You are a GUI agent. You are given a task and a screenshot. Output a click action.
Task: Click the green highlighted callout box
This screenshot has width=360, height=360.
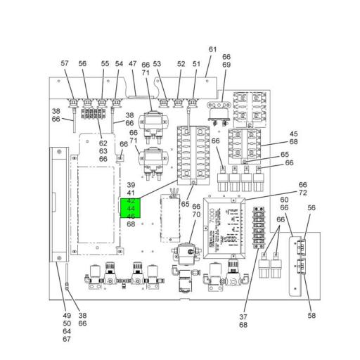tap(131, 208)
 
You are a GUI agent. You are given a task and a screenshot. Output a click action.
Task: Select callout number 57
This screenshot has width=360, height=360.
tap(65, 64)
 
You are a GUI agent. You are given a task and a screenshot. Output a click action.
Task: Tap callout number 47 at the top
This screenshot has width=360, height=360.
tap(132, 64)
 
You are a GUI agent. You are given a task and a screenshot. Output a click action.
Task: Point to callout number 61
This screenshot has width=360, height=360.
tap(213, 49)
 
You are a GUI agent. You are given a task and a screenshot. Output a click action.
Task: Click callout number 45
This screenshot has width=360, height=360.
tap(294, 134)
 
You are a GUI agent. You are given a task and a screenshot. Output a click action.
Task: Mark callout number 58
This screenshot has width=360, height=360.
tap(311, 316)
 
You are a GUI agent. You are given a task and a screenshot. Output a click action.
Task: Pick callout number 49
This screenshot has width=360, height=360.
tap(67, 316)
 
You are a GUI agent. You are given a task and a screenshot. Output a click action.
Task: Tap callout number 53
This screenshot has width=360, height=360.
tap(157, 64)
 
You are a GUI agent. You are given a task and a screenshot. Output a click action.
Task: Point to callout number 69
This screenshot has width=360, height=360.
tap(226, 65)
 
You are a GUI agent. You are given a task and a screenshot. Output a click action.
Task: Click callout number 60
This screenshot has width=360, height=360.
tap(285, 199)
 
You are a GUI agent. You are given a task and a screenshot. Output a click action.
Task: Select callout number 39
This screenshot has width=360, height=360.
tap(131, 184)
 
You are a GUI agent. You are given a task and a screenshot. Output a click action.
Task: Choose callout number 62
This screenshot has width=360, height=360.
tap(103, 143)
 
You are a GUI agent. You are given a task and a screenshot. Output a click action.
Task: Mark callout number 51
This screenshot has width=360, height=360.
tap(196, 64)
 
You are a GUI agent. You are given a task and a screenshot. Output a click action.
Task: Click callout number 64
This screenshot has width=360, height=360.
tap(67, 331)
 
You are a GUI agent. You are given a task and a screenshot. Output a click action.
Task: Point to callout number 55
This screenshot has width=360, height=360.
tap(105, 64)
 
